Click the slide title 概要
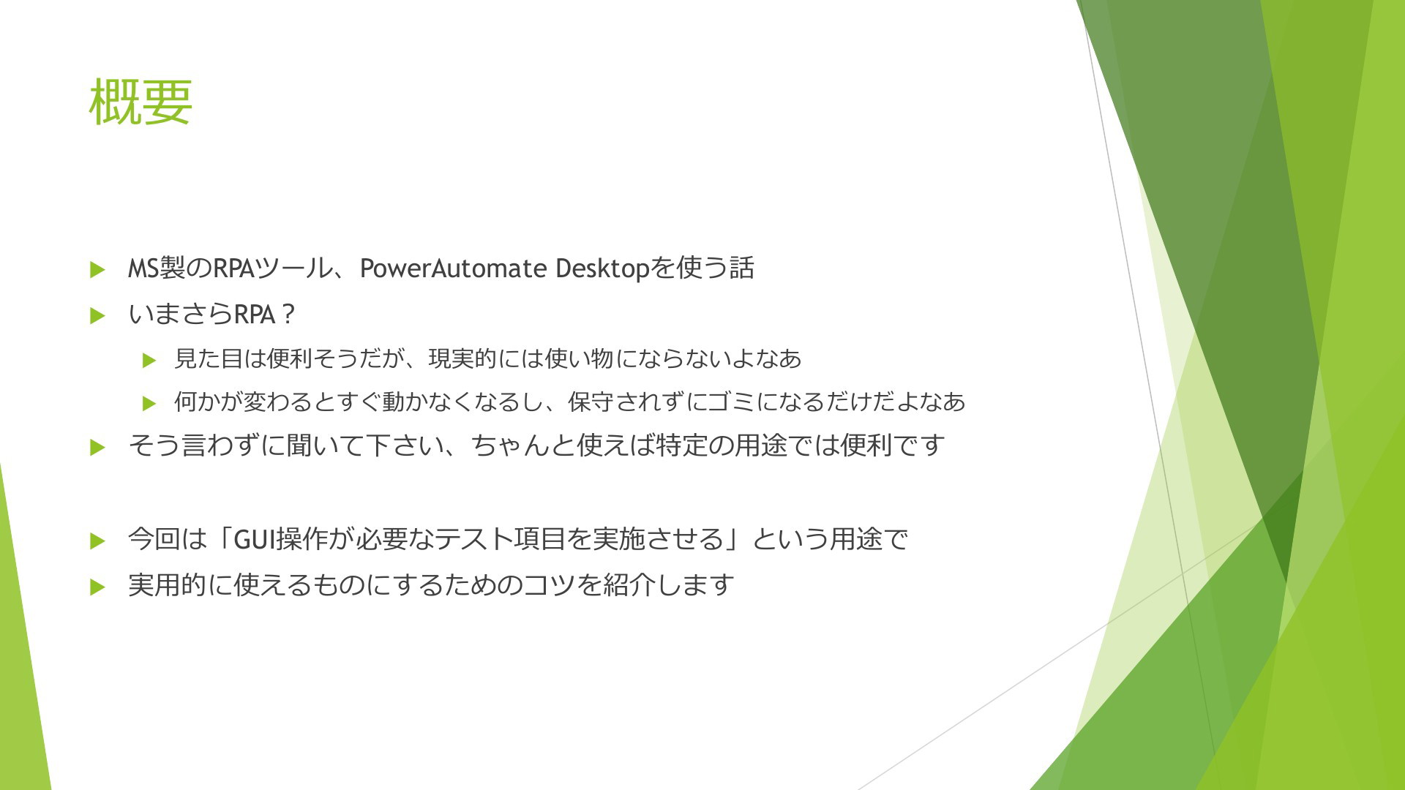click(140, 102)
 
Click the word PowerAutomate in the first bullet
click(453, 268)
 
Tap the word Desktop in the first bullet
click(602, 269)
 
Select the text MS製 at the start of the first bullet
click(157, 268)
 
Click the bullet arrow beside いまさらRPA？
click(97, 316)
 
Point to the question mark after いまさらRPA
click(288, 315)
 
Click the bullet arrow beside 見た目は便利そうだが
click(149, 360)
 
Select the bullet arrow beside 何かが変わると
click(149, 403)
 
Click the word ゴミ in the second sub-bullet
click(731, 402)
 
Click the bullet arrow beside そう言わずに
click(97, 448)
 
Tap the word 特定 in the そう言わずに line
click(681, 445)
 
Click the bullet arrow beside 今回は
click(97, 541)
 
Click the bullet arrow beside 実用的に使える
click(97, 587)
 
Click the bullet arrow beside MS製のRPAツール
click(97, 270)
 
